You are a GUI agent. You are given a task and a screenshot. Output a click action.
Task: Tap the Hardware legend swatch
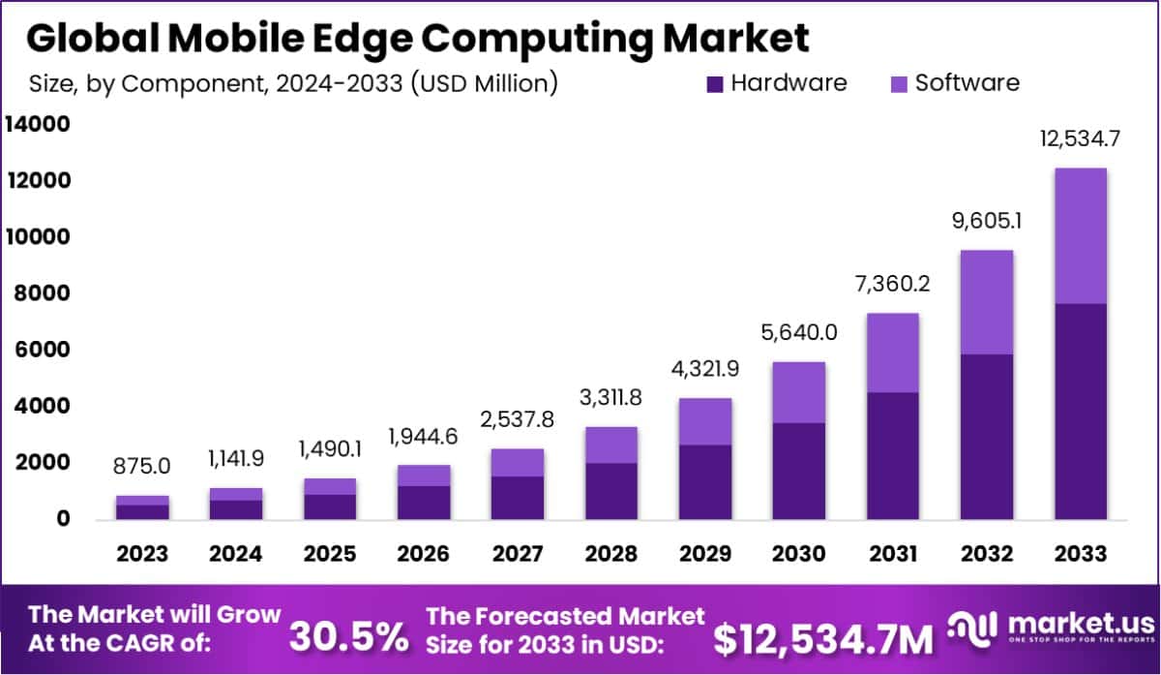pos(715,84)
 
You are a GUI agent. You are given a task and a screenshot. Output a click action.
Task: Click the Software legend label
pos(967,83)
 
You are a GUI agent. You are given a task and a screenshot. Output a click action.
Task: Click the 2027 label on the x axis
pos(519,554)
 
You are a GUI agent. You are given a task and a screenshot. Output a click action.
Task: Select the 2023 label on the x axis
pos(143,554)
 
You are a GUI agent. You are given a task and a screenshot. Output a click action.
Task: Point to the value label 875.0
pos(143,467)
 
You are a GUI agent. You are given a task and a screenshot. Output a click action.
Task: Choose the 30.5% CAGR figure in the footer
pos(349,636)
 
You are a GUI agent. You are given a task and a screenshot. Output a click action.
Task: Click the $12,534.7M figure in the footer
pos(823,638)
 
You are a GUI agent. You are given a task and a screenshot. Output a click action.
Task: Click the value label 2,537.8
pos(519,421)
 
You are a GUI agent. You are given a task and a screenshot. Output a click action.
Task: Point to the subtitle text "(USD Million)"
pos(484,84)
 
